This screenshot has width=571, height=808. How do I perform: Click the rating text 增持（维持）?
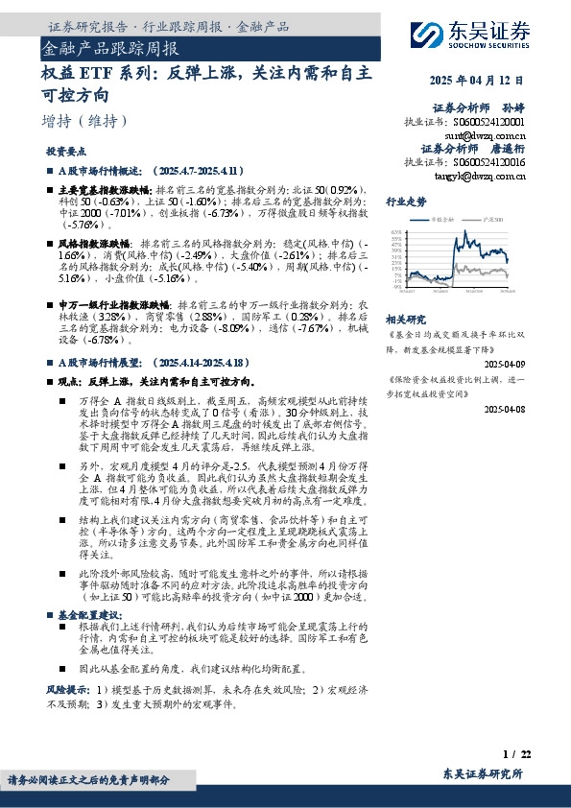83,122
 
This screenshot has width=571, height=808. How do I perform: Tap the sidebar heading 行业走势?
405,202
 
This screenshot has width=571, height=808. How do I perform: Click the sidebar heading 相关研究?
405,319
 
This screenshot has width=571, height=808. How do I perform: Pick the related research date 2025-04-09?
503,365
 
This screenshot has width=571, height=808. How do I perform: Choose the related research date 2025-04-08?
503,409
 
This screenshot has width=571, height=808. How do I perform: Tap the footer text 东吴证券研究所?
482,773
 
